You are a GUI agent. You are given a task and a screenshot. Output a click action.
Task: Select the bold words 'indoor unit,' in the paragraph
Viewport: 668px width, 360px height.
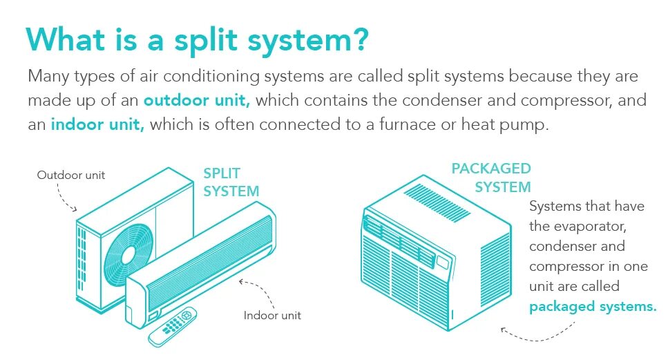(97, 126)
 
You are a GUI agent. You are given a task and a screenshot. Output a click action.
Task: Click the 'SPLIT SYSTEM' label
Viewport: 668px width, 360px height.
(231, 181)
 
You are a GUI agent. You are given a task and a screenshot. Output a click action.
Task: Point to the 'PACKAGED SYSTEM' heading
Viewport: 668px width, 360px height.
(491, 178)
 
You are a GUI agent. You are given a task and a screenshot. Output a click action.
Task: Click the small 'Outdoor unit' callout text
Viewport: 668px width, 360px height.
(71, 175)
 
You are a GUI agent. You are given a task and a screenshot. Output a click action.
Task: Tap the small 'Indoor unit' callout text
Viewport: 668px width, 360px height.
(272, 316)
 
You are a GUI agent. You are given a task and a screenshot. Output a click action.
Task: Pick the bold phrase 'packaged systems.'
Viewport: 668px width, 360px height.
(593, 306)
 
